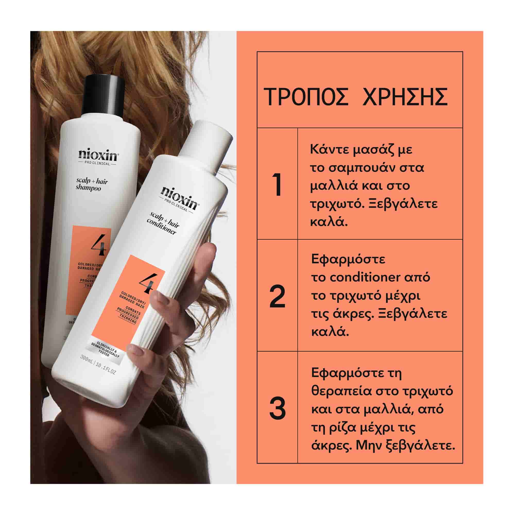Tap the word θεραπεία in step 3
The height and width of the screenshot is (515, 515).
point(341,391)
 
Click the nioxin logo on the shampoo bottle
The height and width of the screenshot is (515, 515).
point(98,156)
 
